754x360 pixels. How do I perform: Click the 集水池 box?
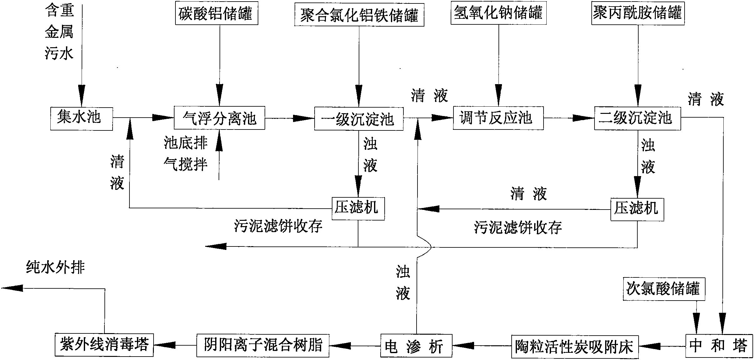tap(82, 119)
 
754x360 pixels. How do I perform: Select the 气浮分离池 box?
tap(220, 118)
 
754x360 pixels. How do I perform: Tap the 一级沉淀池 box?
tap(359, 119)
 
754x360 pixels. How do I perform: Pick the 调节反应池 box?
tap(498, 118)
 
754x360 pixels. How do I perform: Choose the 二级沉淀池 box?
tap(637, 118)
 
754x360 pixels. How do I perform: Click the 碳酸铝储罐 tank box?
tap(216, 13)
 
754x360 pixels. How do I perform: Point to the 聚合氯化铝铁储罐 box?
tap(359, 14)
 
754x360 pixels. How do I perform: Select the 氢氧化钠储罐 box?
tap(498, 13)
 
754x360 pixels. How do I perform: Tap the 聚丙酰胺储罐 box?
tap(638, 13)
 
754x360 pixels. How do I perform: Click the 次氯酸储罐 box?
tap(664, 289)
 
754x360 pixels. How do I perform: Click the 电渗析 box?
tap(416, 346)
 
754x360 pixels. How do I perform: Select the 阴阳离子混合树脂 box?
tap(263, 345)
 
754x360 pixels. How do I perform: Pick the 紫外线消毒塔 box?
tap(104, 345)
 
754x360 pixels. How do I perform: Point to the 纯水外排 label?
tap(55, 267)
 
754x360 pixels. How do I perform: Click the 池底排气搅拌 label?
tap(185, 154)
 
